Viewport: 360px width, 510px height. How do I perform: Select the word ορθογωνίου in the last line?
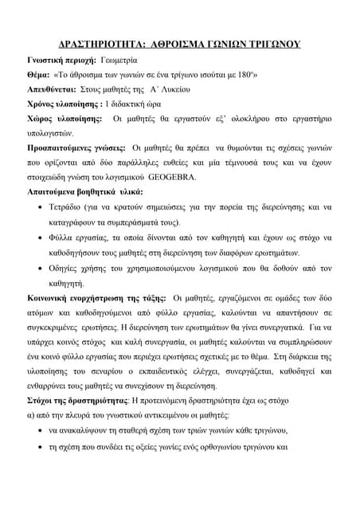pos(230,447)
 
